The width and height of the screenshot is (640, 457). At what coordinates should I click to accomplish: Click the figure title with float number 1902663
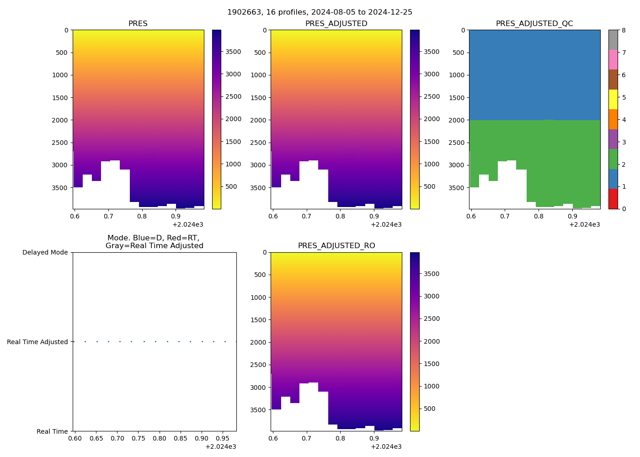point(320,12)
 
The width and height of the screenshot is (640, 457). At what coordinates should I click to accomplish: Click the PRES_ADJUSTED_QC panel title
point(534,24)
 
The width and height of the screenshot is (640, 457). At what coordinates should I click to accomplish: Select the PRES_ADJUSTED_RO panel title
point(336,246)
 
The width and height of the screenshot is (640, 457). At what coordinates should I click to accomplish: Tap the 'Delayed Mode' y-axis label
point(45,252)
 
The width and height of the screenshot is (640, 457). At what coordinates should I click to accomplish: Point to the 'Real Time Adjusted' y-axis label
point(37,342)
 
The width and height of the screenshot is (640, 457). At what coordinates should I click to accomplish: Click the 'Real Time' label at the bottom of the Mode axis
point(52,431)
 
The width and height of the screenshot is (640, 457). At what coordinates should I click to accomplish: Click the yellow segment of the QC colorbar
point(613,99)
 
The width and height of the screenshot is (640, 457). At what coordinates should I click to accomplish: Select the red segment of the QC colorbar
point(613,199)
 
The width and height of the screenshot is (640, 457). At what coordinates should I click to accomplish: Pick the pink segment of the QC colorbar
point(613,59)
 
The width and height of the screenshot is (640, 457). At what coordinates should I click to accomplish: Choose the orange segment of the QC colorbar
point(613,119)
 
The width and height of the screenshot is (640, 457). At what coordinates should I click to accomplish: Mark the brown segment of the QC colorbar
point(613,80)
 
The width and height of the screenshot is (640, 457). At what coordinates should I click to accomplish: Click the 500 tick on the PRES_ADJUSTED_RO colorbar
point(430,409)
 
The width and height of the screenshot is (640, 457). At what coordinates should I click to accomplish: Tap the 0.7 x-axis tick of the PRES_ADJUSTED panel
point(306,217)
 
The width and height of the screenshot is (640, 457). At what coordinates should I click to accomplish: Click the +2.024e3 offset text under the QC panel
point(584,224)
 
